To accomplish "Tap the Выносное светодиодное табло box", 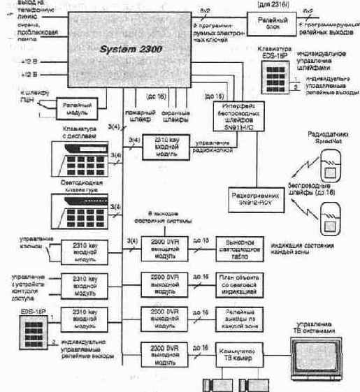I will (x=236, y=245).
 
